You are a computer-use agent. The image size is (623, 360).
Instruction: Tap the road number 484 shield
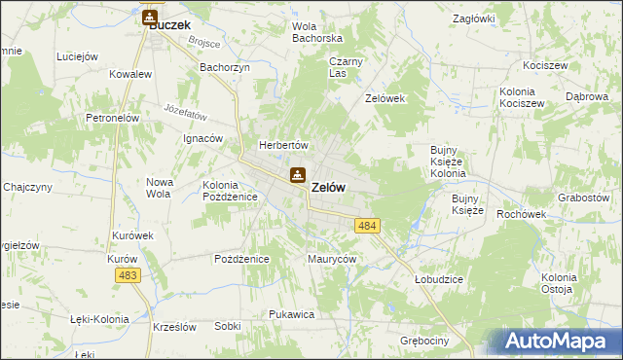pyautogui.click(x=367, y=226)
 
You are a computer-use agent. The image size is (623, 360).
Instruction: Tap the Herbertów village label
pyautogui.click(x=282, y=145)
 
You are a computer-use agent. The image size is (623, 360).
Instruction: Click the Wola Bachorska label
pyautogui.click(x=317, y=32)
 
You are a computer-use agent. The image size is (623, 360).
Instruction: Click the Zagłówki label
pyautogui.click(x=475, y=18)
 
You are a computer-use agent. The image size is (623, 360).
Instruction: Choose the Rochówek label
pyautogui.click(x=519, y=214)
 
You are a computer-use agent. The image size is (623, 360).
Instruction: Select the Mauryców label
pyautogui.click(x=332, y=260)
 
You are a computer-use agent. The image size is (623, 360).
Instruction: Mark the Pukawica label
pyautogui.click(x=290, y=314)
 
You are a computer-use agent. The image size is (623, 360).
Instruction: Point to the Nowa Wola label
pyautogui.click(x=159, y=188)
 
